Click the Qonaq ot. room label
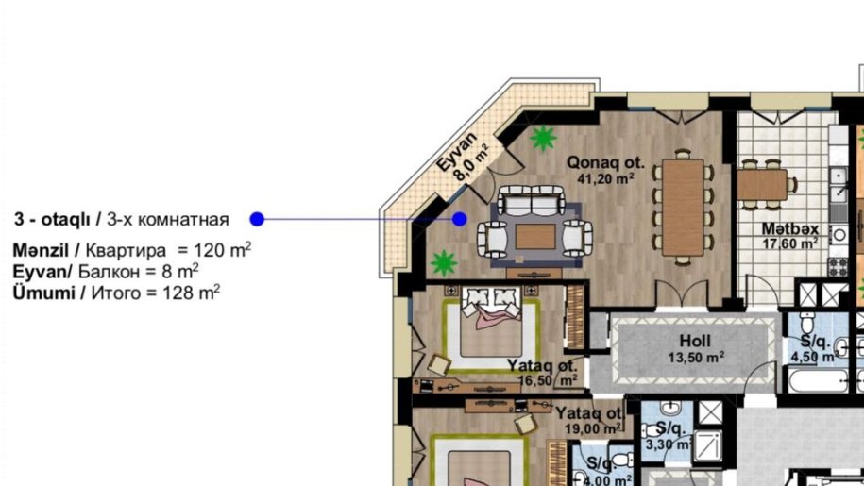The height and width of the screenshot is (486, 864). [x=605, y=163]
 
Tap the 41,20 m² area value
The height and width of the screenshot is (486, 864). [x=605, y=178]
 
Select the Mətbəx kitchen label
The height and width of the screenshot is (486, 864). [x=790, y=228]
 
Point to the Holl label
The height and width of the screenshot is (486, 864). [x=695, y=342]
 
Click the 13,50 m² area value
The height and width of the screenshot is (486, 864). [x=696, y=358]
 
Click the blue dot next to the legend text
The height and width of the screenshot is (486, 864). [x=257, y=219]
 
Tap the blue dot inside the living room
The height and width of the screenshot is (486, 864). [x=460, y=219]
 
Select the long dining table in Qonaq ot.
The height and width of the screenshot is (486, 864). [x=683, y=208]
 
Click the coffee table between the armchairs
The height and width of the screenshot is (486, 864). [x=535, y=237]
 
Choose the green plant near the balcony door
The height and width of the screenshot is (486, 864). [x=543, y=138]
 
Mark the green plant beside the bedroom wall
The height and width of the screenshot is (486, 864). [x=444, y=262]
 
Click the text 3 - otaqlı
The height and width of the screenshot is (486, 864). [x=52, y=220]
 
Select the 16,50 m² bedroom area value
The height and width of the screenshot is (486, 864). [x=548, y=380]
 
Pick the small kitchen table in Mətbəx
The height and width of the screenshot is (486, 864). [x=762, y=185]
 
